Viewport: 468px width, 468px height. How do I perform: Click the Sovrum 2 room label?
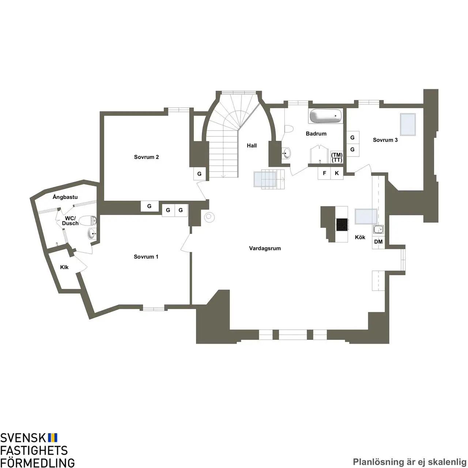click(x=146, y=157)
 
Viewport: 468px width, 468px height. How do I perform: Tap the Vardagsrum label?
click(x=265, y=249)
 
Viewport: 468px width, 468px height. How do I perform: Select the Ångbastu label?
click(x=65, y=197)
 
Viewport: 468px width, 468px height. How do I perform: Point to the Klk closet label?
click(x=64, y=267)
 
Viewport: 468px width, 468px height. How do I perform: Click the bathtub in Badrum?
click(x=326, y=117)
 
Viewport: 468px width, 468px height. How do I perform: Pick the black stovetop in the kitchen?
click(x=342, y=224)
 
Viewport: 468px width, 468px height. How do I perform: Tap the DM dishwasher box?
click(x=378, y=242)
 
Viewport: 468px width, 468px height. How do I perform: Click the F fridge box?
click(x=324, y=173)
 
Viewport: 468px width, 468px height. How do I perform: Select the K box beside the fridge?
click(x=337, y=173)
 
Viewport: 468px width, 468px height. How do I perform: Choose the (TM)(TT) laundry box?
click(x=337, y=158)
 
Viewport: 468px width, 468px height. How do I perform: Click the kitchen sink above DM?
click(x=378, y=230)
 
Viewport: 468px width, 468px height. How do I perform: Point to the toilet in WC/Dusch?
click(x=88, y=220)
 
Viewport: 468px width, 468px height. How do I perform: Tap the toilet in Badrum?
click(x=289, y=129)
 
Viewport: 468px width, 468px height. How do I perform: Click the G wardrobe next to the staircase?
click(x=199, y=174)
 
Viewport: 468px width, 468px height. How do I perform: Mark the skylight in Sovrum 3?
click(x=408, y=124)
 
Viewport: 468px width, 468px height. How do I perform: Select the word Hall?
click(x=252, y=146)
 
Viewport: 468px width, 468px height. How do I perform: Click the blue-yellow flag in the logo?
click(x=53, y=437)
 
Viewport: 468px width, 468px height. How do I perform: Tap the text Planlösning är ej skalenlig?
click(x=409, y=462)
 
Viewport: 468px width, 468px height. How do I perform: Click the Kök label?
click(x=360, y=238)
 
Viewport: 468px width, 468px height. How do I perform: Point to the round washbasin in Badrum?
click(x=287, y=153)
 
